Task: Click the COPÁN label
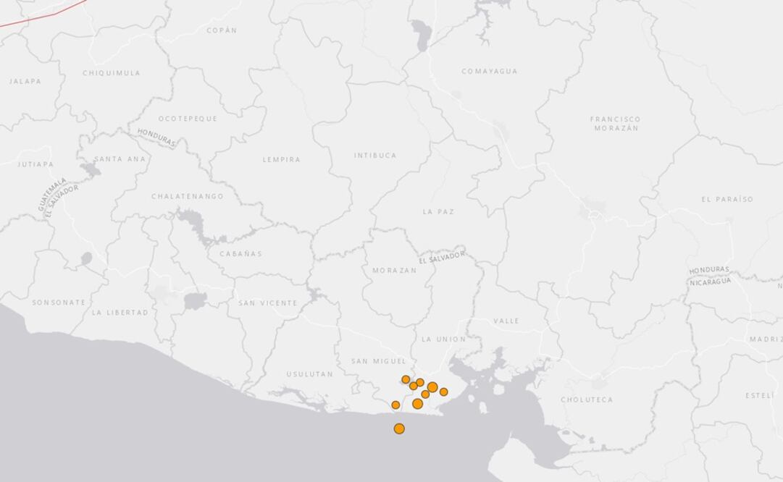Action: [222, 30]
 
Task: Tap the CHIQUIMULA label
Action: [112, 73]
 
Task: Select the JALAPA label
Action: [25, 81]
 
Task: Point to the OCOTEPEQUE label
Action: [188, 119]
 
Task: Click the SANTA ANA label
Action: [120, 158]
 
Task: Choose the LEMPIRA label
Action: [281, 159]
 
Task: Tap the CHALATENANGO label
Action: [188, 196]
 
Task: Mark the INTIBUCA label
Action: [375, 156]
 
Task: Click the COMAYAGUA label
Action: [490, 71]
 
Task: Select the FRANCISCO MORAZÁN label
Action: [616, 124]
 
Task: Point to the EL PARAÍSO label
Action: [727, 199]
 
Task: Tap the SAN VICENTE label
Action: [268, 303]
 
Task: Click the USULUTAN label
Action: [309, 374]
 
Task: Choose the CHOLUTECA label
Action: [587, 399]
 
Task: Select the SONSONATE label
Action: [59, 303]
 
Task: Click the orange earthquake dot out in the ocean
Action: [399, 428]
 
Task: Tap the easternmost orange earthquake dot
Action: [443, 392]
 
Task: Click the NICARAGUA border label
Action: [711, 282]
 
